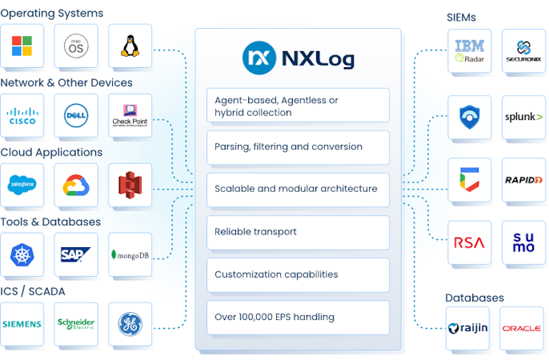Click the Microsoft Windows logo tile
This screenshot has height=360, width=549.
[22, 46]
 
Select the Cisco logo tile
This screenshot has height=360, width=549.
[22, 116]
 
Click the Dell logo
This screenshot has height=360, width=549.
[75, 116]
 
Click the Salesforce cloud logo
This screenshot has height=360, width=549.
[22, 186]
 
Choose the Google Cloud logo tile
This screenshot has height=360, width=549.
[75, 186]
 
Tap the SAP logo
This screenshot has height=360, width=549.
[75, 254]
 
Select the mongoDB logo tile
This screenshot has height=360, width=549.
[130, 254]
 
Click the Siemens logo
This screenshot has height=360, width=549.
[22, 324]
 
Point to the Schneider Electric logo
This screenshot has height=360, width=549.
[75, 324]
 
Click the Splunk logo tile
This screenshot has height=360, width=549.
[523, 117]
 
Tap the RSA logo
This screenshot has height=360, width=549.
[469, 242]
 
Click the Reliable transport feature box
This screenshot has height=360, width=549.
[298, 232]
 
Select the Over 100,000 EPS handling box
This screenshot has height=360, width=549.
[298, 317]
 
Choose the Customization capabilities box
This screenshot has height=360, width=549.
[298, 274]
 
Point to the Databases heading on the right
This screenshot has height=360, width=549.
[475, 298]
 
